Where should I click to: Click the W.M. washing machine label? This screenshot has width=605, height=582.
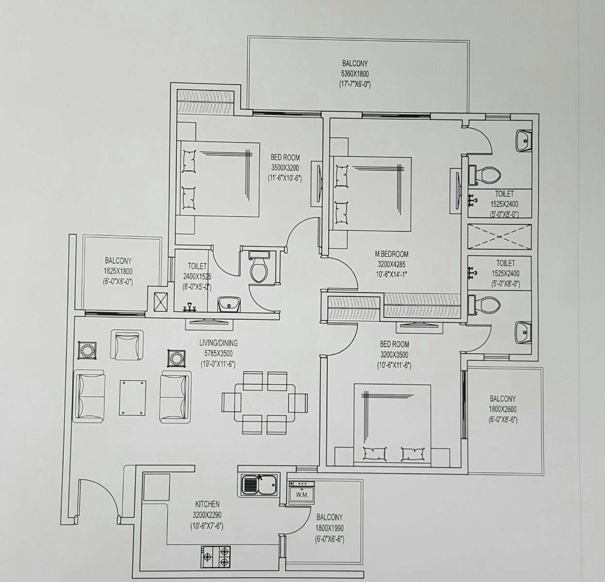(x=302, y=495)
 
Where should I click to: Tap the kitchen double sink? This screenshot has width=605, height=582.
(x=260, y=485)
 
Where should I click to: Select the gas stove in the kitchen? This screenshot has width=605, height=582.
(x=216, y=557)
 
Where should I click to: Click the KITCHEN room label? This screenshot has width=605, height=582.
(x=207, y=504)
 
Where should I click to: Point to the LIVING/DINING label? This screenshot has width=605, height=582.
(x=218, y=343)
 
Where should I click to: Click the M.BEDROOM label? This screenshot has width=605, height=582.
(x=391, y=254)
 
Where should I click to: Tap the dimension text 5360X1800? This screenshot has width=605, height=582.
(x=355, y=74)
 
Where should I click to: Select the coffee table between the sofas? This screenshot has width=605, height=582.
(x=133, y=398)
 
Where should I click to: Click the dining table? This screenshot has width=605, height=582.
(x=265, y=403)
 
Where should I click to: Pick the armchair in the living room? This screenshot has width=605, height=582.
(x=127, y=345)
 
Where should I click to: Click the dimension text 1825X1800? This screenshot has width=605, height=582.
(x=118, y=271)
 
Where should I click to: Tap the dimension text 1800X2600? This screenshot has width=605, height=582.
(x=503, y=409)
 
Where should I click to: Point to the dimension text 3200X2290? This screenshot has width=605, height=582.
(x=207, y=515)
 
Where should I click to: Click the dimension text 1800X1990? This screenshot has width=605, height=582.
(x=330, y=528)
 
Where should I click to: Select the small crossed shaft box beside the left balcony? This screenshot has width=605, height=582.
(x=161, y=302)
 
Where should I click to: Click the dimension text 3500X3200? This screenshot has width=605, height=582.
(x=285, y=168)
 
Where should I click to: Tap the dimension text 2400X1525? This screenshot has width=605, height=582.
(x=197, y=276)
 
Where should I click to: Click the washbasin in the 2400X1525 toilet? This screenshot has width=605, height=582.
(x=229, y=304)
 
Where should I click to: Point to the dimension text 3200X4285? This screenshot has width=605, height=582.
(x=391, y=264)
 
